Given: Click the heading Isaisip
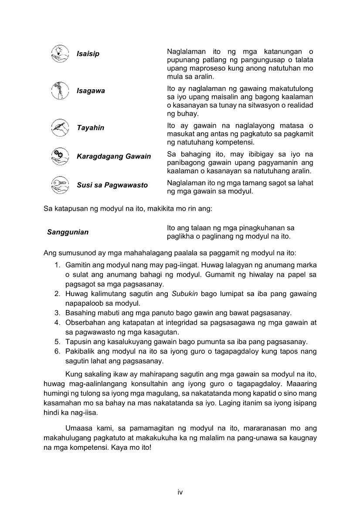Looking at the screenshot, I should [88, 54].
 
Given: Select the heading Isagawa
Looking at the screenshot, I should [91, 91].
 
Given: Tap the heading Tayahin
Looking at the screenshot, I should [90, 128].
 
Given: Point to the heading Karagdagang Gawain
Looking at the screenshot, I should [114, 156].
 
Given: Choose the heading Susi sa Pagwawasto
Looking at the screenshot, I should [112, 185].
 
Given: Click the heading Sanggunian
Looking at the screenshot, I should [68, 232].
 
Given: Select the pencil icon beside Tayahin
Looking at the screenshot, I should [60, 127].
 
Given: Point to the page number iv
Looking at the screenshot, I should [180, 492].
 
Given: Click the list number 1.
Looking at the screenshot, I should [57, 265].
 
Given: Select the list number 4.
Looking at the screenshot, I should [57, 323].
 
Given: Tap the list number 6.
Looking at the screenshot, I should [57, 351].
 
